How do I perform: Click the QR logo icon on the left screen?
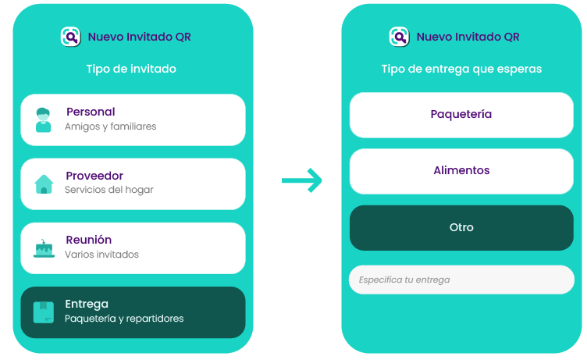tap(71, 37)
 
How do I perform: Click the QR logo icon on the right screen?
tap(400, 37)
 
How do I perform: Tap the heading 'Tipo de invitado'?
tap(131, 69)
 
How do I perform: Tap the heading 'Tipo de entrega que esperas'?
tap(461, 69)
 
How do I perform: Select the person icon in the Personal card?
tap(44, 120)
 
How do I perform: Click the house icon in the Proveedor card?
tap(44, 184)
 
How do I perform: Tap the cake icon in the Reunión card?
tap(44, 248)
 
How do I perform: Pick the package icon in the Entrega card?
tap(44, 312)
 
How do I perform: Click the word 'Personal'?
tap(91, 112)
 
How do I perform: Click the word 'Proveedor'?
tap(94, 176)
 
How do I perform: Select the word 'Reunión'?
tap(88, 240)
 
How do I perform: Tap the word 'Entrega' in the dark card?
tap(87, 304)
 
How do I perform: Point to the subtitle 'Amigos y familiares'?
tap(111, 127)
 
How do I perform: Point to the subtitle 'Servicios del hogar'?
tap(109, 190)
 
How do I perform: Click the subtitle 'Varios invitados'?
tap(101, 255)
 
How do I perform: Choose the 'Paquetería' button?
tap(461, 114)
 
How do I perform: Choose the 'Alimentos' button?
tap(461, 170)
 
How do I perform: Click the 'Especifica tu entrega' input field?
tap(461, 280)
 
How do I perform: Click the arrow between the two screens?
tap(302, 180)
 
